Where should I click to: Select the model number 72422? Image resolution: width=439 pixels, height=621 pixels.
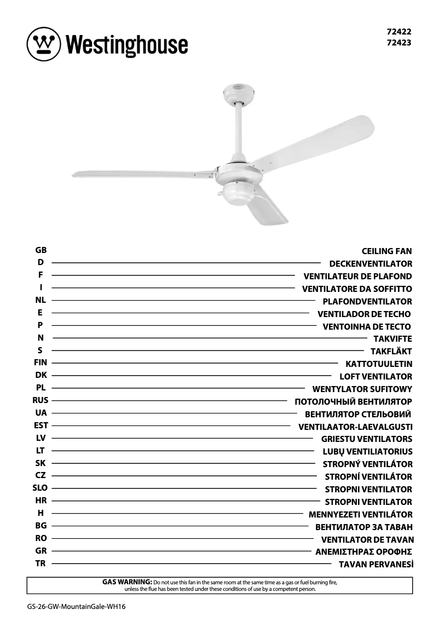(398, 32)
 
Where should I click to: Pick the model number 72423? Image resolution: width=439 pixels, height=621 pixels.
(398, 42)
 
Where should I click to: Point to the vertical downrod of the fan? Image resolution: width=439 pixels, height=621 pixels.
(239, 132)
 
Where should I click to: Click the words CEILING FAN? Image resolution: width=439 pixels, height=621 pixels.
(386, 251)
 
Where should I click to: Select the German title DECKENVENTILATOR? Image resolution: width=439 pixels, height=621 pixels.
(371, 264)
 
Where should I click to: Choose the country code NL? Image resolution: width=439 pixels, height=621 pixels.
(41, 300)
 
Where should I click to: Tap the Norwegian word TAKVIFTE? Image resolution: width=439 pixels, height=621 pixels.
(392, 339)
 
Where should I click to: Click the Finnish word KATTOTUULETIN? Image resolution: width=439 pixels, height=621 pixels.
(379, 364)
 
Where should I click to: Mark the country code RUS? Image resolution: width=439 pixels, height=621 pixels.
(41, 400)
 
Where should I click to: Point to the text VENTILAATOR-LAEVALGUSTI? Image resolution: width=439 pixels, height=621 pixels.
(355, 427)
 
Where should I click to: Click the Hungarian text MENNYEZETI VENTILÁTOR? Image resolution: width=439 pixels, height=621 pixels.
(361, 515)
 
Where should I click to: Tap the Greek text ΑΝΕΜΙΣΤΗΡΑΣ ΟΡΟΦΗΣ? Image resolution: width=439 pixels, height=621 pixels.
(363, 552)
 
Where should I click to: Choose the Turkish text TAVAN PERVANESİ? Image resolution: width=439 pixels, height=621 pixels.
(376, 565)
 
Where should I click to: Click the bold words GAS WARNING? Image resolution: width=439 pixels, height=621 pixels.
(127, 582)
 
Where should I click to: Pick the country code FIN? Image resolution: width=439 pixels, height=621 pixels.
(41, 363)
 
